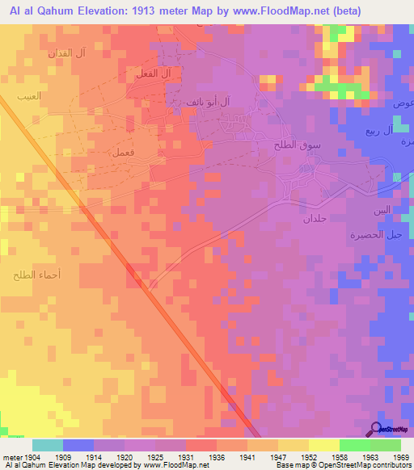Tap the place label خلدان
click(x=315, y=219)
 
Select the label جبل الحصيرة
click(x=382, y=235)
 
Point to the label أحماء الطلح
click(x=32, y=276)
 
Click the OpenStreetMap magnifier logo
click(x=376, y=429)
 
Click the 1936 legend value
click(x=217, y=456)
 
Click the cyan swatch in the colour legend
click(x=48, y=445)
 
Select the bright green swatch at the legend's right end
click(x=385, y=445)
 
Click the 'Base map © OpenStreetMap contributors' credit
click(x=343, y=465)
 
